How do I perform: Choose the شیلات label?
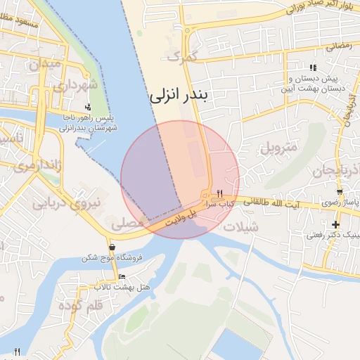pyautogui.click(x=239, y=226)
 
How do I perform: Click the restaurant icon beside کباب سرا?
pyautogui.click(x=220, y=193)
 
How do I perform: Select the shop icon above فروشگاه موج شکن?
pyautogui.click(x=112, y=247)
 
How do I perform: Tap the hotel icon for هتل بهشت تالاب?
pyautogui.click(x=122, y=276)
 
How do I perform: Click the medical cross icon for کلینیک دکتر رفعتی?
pyautogui.click(x=335, y=224)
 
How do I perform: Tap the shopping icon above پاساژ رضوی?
pyautogui.click(x=340, y=191)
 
